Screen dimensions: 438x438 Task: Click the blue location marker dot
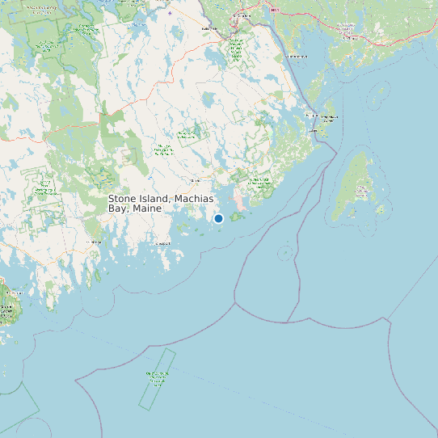(x=218, y=218)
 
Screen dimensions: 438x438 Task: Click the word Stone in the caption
(x=123, y=199)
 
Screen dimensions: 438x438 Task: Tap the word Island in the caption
(x=157, y=199)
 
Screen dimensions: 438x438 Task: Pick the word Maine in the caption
(x=148, y=208)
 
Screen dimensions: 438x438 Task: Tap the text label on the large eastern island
(x=361, y=192)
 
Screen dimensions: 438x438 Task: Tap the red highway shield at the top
(x=274, y=10)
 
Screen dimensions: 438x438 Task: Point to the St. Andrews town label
(x=298, y=57)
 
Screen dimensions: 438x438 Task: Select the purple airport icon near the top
(x=170, y=13)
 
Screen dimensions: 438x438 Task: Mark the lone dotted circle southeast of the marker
(x=284, y=252)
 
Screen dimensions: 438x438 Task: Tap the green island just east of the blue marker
(x=239, y=217)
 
